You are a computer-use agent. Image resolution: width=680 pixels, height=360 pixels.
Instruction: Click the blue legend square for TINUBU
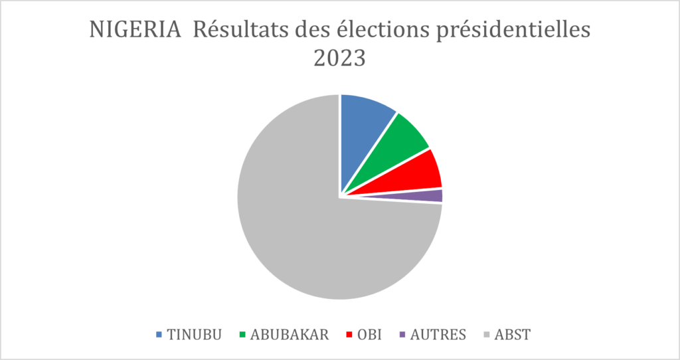(159, 335)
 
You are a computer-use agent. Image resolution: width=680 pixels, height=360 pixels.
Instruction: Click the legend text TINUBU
(193, 335)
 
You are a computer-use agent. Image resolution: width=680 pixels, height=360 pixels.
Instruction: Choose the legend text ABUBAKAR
(289, 335)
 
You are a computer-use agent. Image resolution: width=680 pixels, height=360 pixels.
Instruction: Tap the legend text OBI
(369, 335)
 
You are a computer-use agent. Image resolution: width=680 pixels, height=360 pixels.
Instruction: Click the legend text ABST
(513, 335)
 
